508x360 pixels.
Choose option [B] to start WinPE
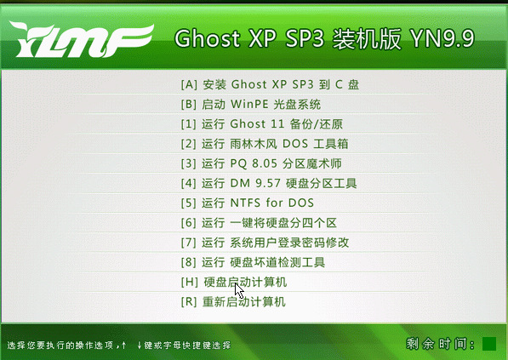[x=251, y=106]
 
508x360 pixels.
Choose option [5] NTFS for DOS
[x=248, y=203]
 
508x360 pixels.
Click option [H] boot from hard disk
[x=234, y=282]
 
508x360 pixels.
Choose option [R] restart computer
[x=234, y=302]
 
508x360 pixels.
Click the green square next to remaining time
[x=489, y=344]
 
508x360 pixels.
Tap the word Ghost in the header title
[x=202, y=40]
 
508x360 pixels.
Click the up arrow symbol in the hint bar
[x=124, y=345]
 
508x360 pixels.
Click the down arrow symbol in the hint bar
[x=139, y=345]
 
